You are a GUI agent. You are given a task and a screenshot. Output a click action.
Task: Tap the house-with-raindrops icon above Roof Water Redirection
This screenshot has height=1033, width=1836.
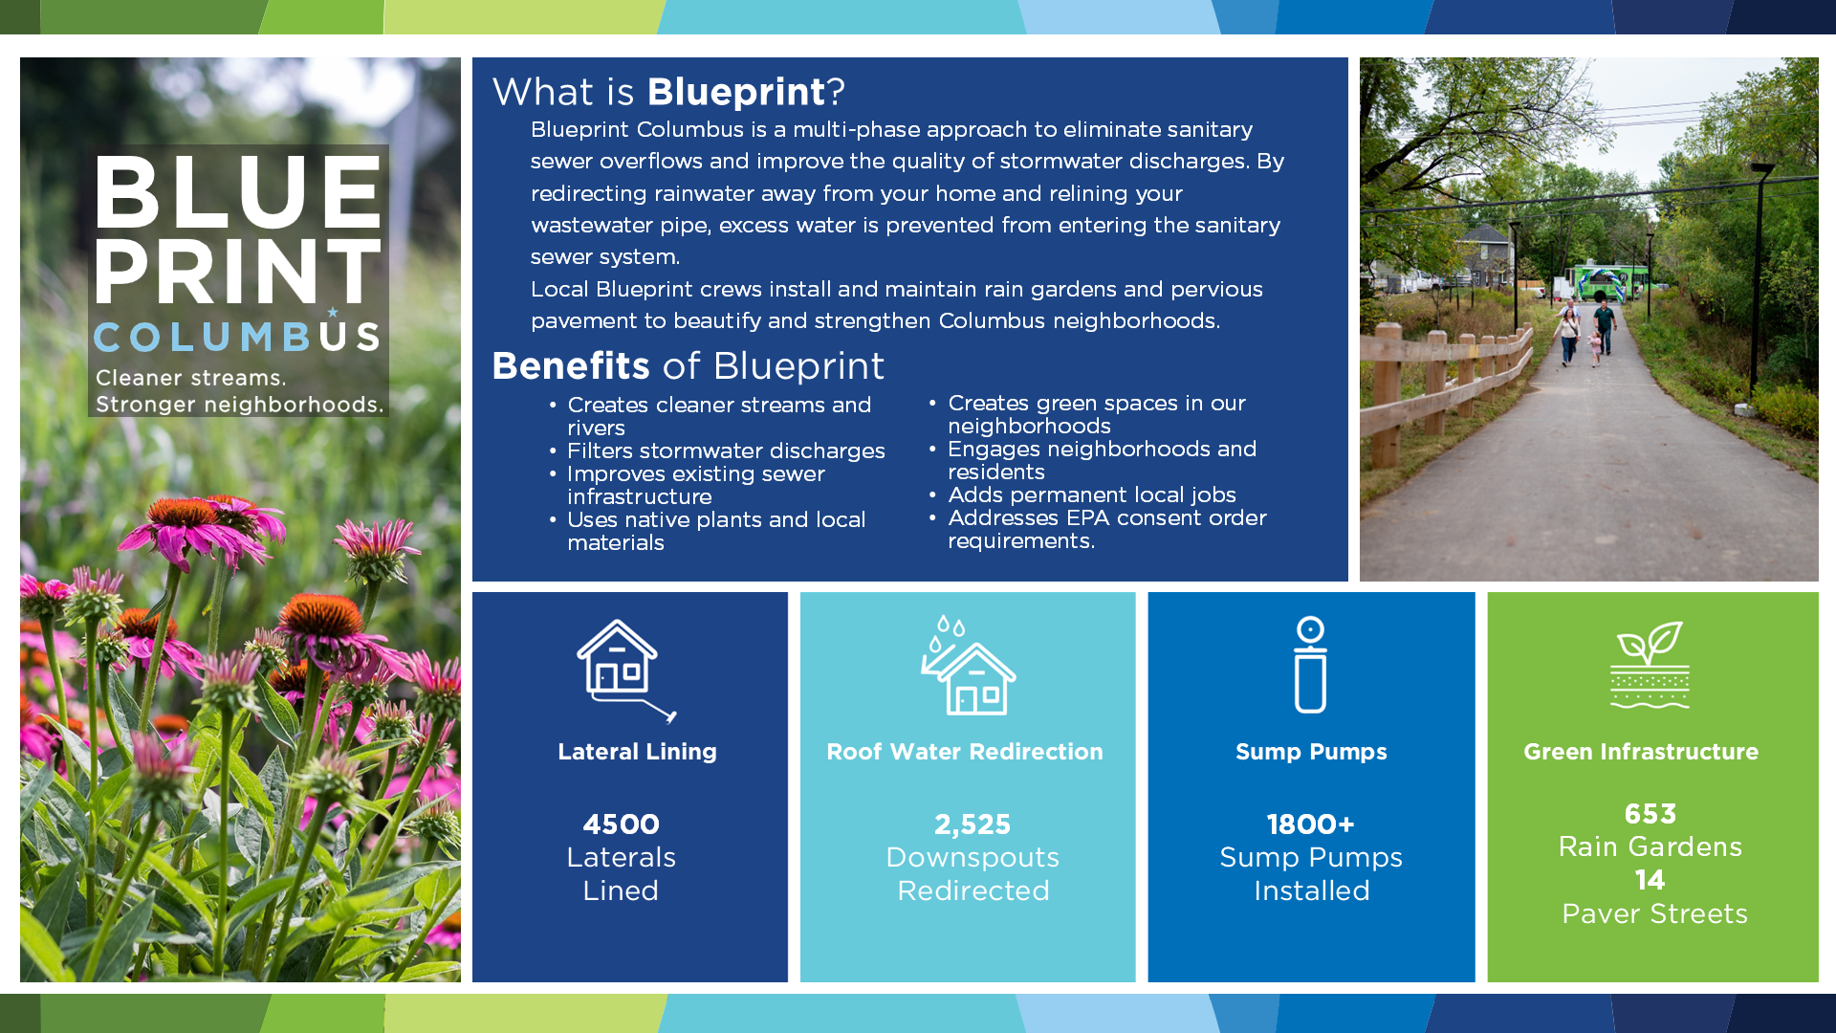(968, 666)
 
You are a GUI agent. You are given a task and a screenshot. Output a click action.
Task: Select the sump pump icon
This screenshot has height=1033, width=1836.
(1310, 665)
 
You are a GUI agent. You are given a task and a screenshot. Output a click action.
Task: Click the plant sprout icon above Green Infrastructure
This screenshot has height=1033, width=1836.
(1650, 664)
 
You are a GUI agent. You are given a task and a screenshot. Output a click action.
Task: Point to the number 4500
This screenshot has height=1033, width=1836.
(622, 824)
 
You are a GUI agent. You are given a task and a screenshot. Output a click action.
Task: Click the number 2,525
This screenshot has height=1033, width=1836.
(973, 824)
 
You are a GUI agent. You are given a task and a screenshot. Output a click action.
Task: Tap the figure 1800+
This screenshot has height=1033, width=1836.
(1311, 824)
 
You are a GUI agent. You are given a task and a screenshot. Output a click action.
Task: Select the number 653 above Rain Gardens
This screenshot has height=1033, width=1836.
(1650, 813)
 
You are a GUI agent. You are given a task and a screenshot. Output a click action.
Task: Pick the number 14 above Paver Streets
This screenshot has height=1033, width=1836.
(1650, 879)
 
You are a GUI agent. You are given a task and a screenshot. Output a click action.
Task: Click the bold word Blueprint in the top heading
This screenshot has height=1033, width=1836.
(736, 92)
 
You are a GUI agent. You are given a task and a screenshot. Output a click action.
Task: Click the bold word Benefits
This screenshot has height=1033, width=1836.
(571, 365)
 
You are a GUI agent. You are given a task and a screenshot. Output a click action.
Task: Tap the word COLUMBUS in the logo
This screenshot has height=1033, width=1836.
(237, 335)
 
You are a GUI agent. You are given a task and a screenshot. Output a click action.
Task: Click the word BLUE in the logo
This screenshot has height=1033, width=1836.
(238, 192)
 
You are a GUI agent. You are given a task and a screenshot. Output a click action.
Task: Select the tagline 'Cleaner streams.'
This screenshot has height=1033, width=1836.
(190, 378)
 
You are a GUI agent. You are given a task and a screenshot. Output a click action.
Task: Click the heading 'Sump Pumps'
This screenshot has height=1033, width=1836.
(1311, 752)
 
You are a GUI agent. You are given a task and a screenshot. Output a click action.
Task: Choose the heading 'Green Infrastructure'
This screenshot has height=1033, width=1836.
(1641, 752)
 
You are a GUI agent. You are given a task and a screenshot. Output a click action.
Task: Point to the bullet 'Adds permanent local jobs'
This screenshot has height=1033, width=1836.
(1092, 495)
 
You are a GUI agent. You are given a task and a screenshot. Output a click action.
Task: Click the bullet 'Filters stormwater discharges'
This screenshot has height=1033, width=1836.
(726, 451)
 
